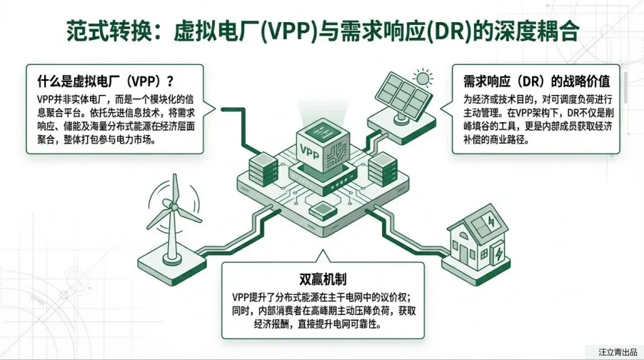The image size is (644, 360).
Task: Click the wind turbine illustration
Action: (171, 221)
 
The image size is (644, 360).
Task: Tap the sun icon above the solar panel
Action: (423, 78)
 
